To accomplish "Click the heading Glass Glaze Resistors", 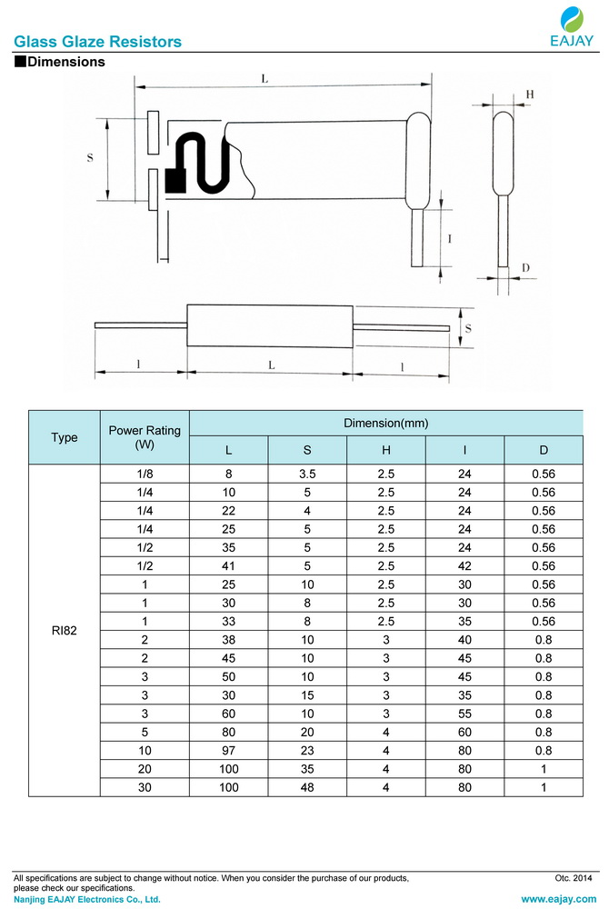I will pyautogui.click(x=97, y=42).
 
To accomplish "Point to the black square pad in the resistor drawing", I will pyautogui.click(x=175, y=181).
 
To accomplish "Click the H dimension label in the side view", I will pyautogui.click(x=529, y=95).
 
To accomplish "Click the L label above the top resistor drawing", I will pyautogui.click(x=265, y=79).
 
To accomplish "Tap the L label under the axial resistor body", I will pyautogui.click(x=271, y=364).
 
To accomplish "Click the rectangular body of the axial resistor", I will pyautogui.click(x=269, y=325).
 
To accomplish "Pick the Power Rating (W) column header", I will pyautogui.click(x=145, y=437).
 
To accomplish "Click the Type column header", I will pyautogui.click(x=65, y=437).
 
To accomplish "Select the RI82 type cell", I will pyautogui.click(x=65, y=631).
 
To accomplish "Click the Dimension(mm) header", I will pyautogui.click(x=385, y=424).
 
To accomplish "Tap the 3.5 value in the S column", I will pyautogui.click(x=307, y=474).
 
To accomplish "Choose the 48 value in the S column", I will pyautogui.click(x=307, y=787).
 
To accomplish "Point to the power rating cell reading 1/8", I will pyautogui.click(x=145, y=474).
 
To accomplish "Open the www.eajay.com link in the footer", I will pyautogui.click(x=558, y=899).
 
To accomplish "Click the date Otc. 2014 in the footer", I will pyautogui.click(x=573, y=878).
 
